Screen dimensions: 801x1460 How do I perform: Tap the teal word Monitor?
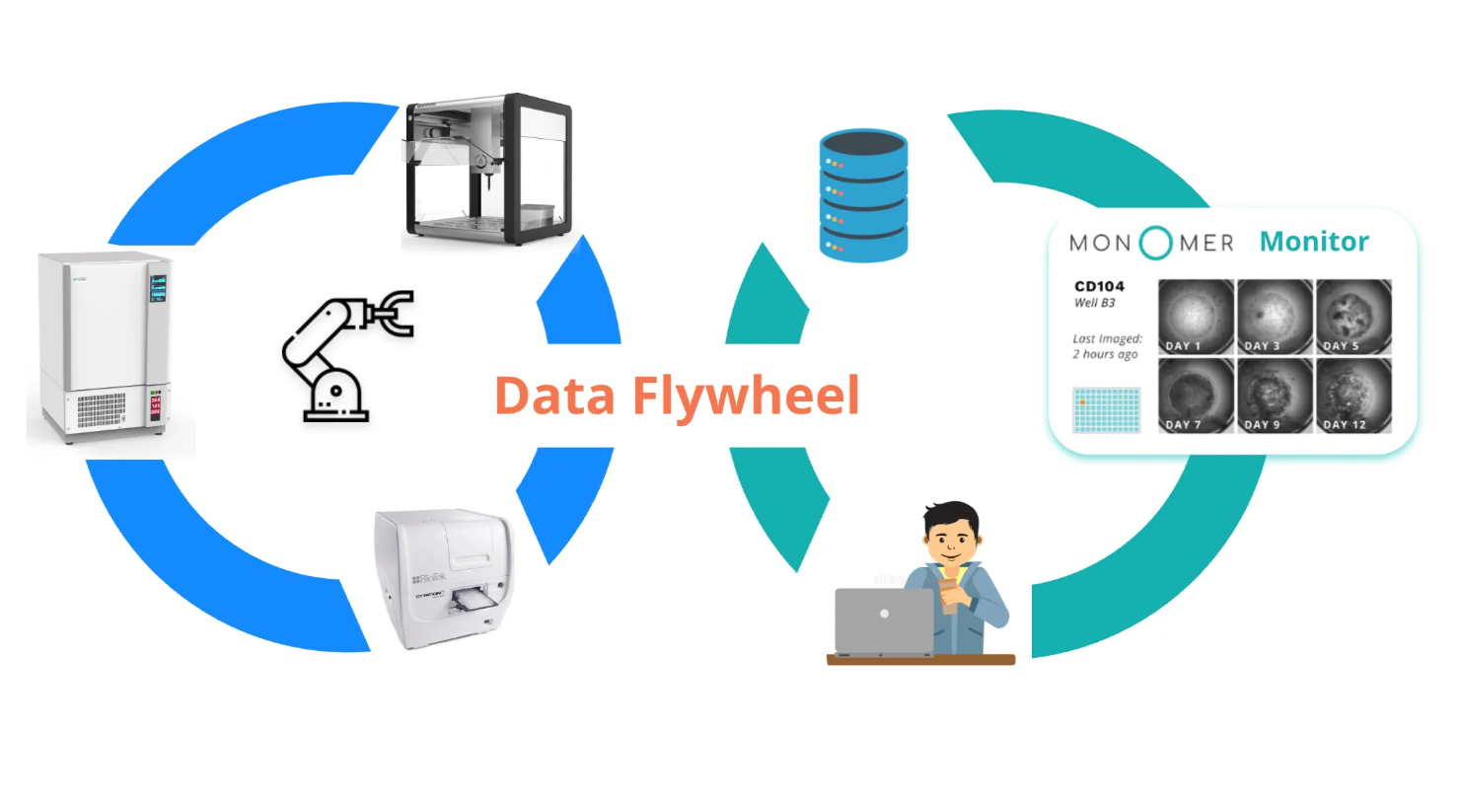tap(1314, 242)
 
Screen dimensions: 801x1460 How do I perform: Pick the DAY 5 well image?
tap(1352, 316)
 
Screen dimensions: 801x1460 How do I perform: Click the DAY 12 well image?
tap(1352, 395)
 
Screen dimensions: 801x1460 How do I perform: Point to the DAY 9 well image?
tap(1275, 395)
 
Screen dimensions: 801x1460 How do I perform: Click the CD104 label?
tap(1098, 287)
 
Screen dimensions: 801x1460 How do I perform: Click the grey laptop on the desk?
tap(884, 620)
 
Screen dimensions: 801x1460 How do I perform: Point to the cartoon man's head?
tap(952, 533)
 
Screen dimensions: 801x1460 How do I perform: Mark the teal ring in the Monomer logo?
tap(1155, 243)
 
